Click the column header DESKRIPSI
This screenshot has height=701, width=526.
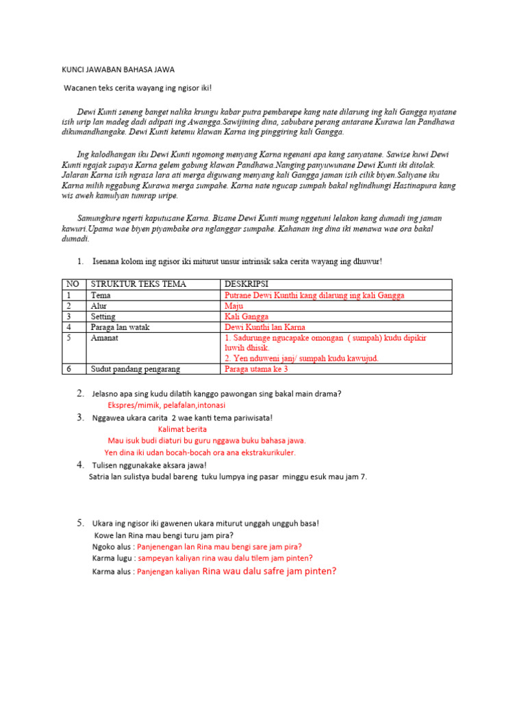pyautogui.click(x=247, y=284)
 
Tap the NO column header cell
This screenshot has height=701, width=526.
pyautogui.click(x=71, y=284)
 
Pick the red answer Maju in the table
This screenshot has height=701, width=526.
pyautogui.click(x=234, y=306)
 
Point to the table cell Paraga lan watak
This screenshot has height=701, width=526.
pyautogui.click(x=120, y=327)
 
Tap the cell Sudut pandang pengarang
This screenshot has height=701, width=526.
pyautogui.click(x=135, y=369)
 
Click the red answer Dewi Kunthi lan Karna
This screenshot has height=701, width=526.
pyautogui.click(x=266, y=327)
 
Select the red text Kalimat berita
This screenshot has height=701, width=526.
pyautogui.click(x=182, y=429)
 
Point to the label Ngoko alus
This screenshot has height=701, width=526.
pyautogui.click(x=113, y=547)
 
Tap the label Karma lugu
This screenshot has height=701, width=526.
pyautogui.click(x=113, y=559)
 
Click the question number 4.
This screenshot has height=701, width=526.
pyautogui.click(x=80, y=465)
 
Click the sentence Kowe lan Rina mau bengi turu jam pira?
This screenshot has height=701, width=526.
pyautogui.click(x=163, y=535)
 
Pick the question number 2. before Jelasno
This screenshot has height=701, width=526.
pyautogui.click(x=80, y=393)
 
